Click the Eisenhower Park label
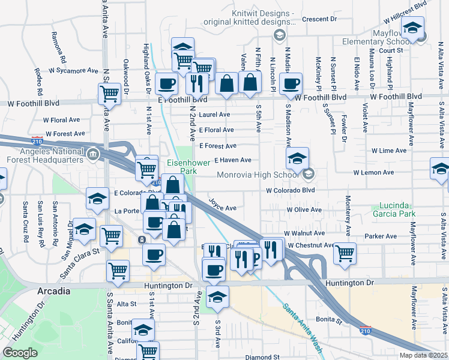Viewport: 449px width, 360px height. point(182,167)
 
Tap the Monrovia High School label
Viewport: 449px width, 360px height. point(258,175)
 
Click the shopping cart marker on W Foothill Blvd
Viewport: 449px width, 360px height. point(109,93)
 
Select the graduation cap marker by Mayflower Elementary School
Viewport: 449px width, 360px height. point(412,27)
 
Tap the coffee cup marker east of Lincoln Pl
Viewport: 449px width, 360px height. point(291,83)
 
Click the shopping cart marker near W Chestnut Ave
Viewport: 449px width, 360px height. point(345,252)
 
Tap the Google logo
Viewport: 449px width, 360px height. point(20,353)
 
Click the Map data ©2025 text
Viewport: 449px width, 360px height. point(423,355)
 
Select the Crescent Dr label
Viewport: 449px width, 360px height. point(319,19)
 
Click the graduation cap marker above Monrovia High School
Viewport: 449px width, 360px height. point(297,158)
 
